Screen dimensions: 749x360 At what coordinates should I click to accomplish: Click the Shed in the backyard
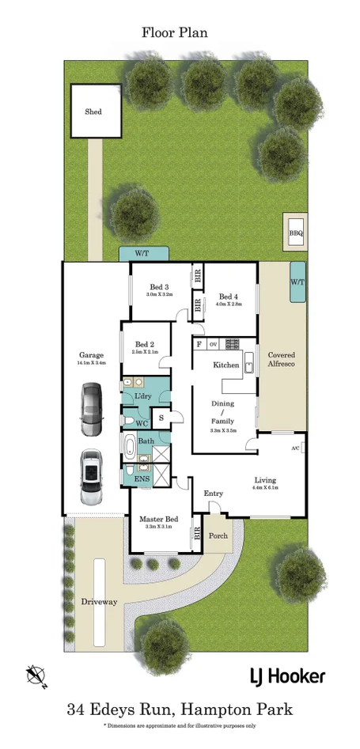pyautogui.click(x=93, y=112)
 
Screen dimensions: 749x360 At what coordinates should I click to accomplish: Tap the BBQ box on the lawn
pyautogui.click(x=296, y=233)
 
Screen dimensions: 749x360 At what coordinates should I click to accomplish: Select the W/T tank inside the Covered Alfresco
pyautogui.click(x=298, y=282)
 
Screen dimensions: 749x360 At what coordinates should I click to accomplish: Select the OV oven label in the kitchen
pyautogui.click(x=213, y=344)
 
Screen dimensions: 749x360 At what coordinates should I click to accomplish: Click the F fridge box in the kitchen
pyautogui.click(x=199, y=344)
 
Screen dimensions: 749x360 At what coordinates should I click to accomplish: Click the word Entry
pyautogui.click(x=214, y=494)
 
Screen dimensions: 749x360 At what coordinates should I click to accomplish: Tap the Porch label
pyautogui.click(x=218, y=535)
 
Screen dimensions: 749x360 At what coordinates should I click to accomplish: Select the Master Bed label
pyautogui.click(x=158, y=520)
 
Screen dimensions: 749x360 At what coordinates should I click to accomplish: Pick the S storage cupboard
pyautogui.click(x=161, y=417)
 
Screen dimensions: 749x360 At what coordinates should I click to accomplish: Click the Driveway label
pyautogui.click(x=99, y=602)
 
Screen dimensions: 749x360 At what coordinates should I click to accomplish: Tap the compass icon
pyautogui.click(x=36, y=675)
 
